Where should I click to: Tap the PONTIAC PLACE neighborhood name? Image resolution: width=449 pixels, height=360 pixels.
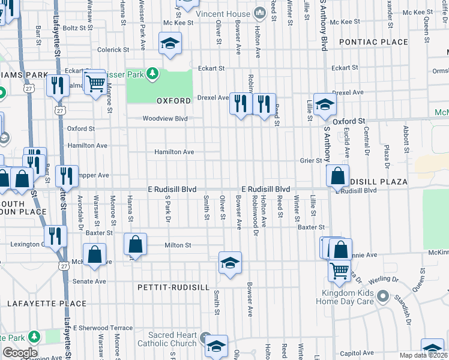pyautogui.click(x=373, y=42)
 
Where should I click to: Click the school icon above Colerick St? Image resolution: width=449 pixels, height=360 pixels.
pyautogui.click(x=170, y=43)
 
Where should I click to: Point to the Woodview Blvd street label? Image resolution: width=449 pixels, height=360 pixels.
pyautogui.click(x=165, y=119)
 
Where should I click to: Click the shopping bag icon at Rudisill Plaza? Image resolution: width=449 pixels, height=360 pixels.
pyautogui.click(x=338, y=176)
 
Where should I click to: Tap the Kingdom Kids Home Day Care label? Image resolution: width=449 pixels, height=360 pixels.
pyautogui.click(x=347, y=301)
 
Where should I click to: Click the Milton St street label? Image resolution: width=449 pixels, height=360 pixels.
pyautogui.click(x=178, y=245)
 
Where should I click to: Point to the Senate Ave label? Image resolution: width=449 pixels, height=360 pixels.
pyautogui.click(x=89, y=281)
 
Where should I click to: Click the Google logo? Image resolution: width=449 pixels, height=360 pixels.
pyautogui.click(x=20, y=353)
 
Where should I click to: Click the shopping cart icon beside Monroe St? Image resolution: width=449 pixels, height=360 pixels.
pyautogui.click(x=95, y=84)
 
